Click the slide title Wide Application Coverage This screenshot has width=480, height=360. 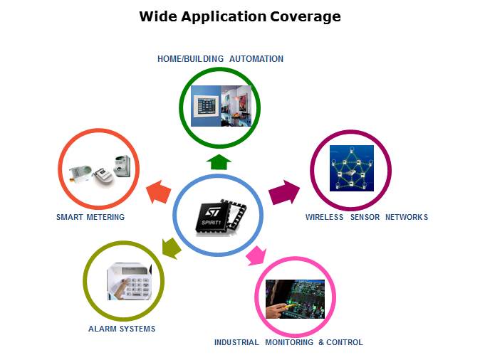pos(240,16)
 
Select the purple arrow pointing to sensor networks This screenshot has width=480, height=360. pos(284,192)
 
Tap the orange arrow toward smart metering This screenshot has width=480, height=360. pos(159,191)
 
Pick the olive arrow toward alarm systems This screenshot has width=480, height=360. pos(170,247)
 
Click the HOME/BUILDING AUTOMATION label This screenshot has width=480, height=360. pos(220,59)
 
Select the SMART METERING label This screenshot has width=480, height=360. pos(90,217)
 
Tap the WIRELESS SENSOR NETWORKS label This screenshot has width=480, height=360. pos(367,217)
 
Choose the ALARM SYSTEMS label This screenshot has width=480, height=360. pos(122,329)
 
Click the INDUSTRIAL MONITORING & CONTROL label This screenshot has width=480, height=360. pos(288,342)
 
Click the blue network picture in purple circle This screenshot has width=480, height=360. pos(351,169)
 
